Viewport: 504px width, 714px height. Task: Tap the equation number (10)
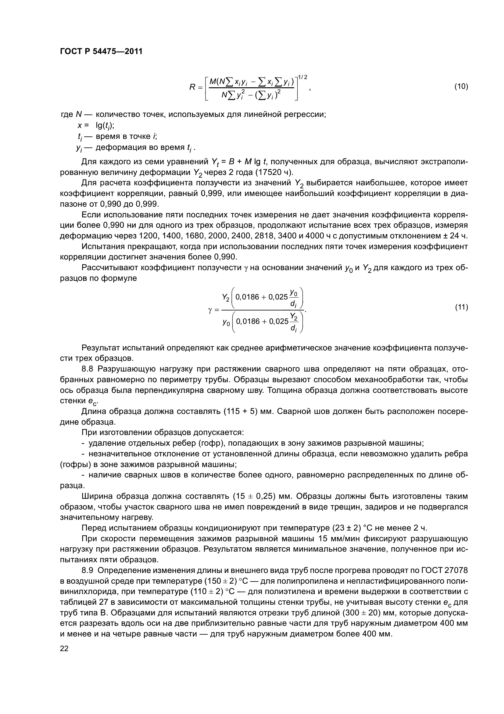[461, 86]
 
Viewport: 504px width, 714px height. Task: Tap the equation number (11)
[461, 307]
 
